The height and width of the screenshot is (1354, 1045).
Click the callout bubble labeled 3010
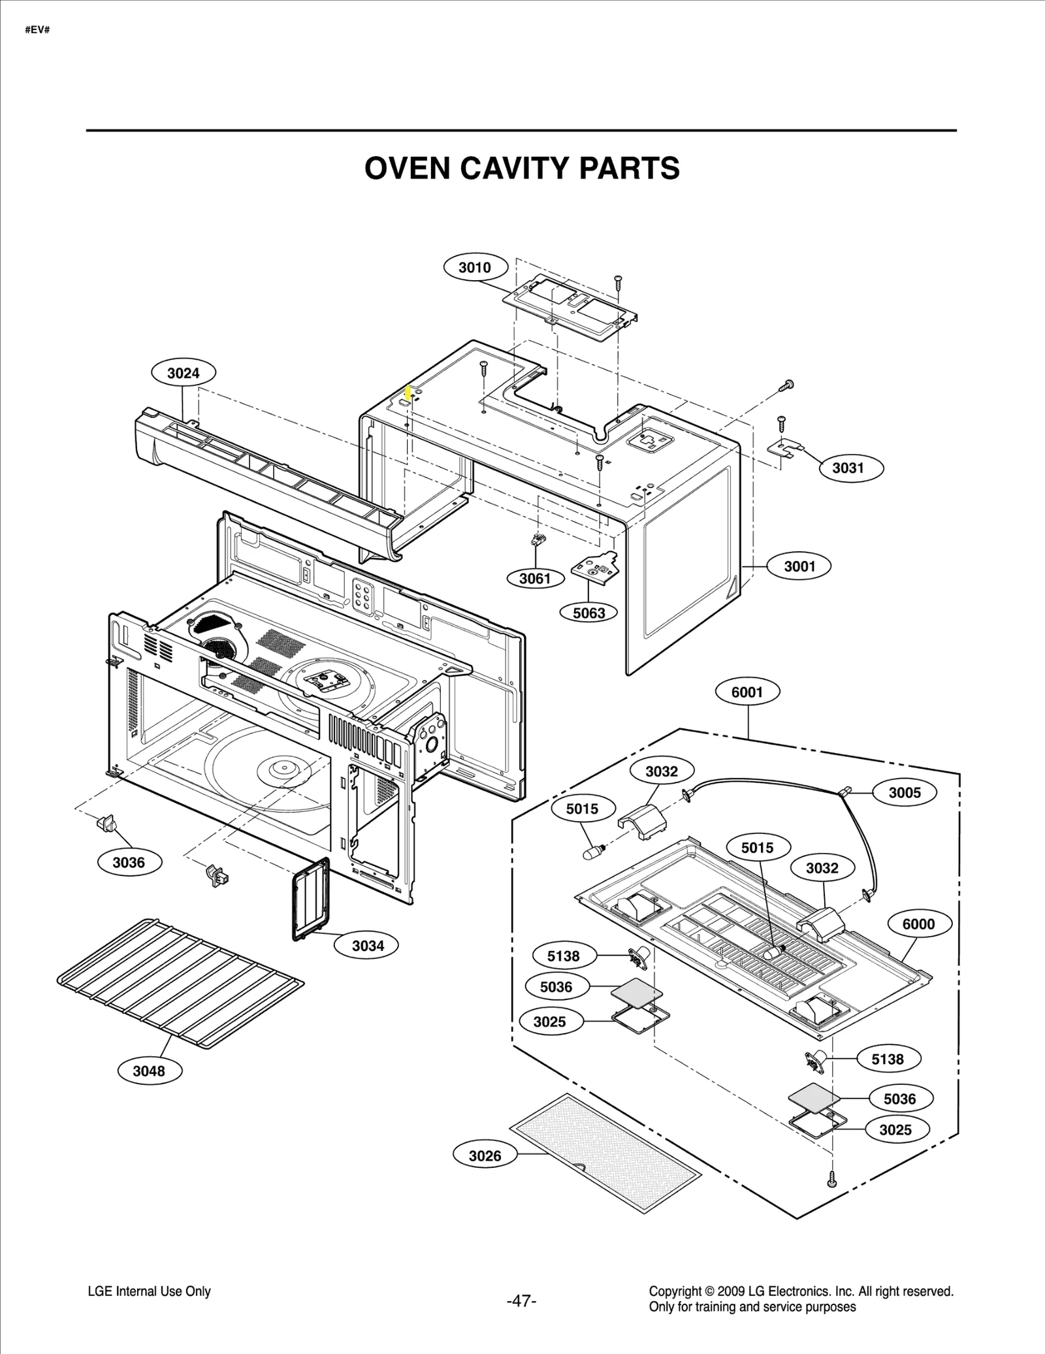(474, 267)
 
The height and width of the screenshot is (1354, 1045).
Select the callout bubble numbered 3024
(184, 373)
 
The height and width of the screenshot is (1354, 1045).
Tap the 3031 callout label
(848, 468)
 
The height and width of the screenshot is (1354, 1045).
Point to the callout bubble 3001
(799, 566)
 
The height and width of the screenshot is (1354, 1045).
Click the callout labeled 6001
(747, 692)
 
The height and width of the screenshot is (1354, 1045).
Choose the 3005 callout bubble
(905, 793)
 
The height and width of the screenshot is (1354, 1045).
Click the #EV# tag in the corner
(37, 30)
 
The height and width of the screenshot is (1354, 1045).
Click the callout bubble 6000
(918, 924)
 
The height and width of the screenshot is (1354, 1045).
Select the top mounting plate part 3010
(570, 304)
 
